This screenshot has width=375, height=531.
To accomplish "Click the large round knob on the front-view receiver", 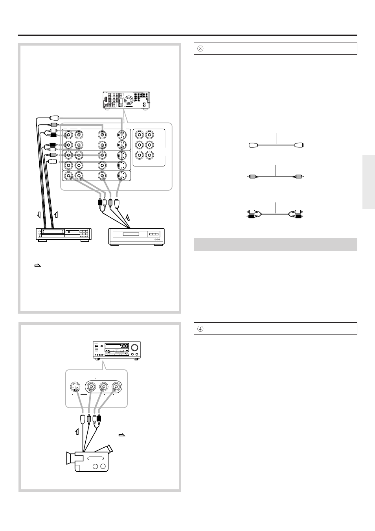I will click(x=135, y=347).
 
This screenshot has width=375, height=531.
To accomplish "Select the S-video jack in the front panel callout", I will click(x=75, y=387).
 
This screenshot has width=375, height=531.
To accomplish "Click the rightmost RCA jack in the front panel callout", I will click(x=117, y=387).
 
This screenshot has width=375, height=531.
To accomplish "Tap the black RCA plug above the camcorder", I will click(x=99, y=419).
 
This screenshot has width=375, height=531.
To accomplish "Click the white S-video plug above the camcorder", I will click(x=83, y=419).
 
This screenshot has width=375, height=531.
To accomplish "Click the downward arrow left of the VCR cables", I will click(x=39, y=215).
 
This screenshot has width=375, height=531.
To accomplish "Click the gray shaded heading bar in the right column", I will click(x=275, y=244).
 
